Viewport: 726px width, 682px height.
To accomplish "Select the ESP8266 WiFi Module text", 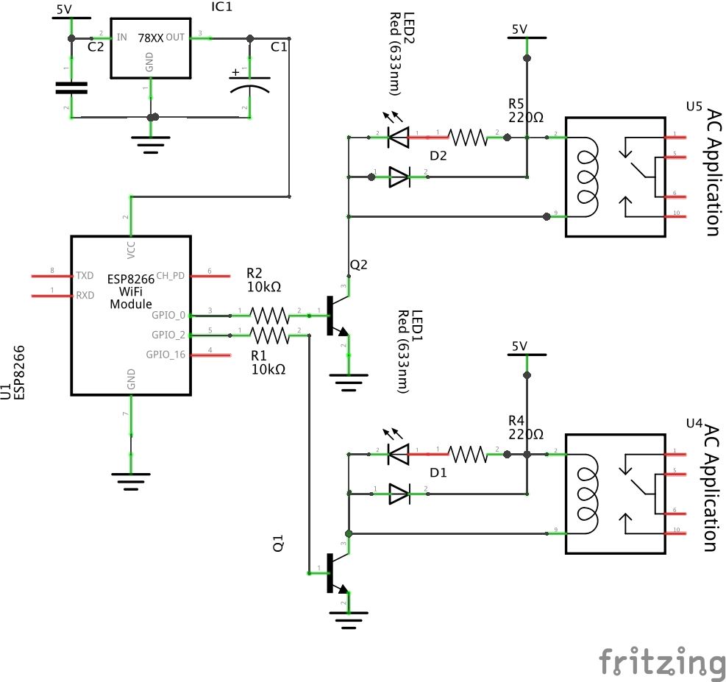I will point(131,291).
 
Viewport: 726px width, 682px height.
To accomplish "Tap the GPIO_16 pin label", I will point(166,355).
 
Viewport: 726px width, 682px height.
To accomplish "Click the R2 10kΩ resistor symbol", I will point(270,316).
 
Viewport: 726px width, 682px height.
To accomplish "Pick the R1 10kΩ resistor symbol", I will point(270,335).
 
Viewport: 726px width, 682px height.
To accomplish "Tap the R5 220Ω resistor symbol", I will point(468,137).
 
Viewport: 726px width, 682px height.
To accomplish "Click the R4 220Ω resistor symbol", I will point(468,455).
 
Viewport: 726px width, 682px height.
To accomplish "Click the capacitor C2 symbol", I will point(71,88).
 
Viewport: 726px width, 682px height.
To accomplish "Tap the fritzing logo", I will point(661,663).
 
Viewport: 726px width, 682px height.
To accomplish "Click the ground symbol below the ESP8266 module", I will point(130,478).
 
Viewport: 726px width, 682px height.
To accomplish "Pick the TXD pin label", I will point(85,276).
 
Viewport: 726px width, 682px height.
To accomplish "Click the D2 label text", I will point(438,156).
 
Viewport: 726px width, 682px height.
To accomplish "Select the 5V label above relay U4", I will point(519,346).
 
